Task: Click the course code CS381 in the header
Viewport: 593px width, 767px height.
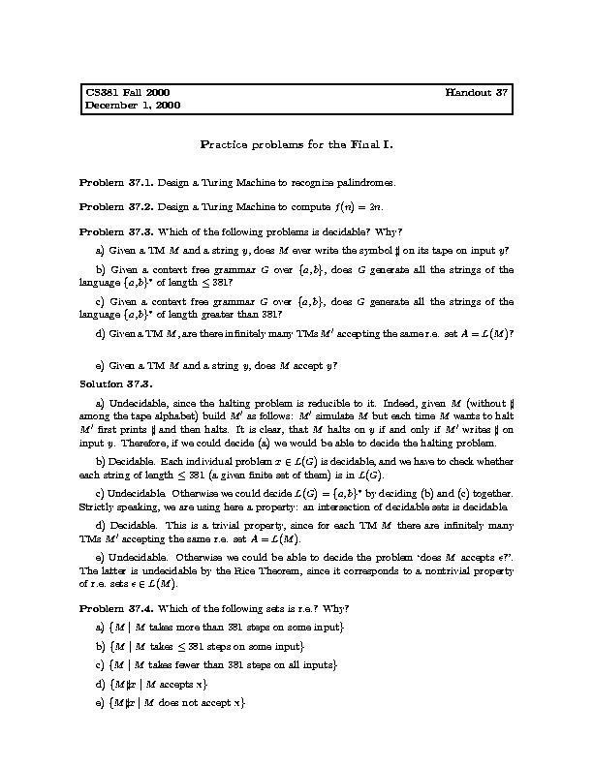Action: pyautogui.click(x=101, y=92)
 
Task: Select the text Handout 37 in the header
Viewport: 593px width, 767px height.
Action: pyautogui.click(x=477, y=92)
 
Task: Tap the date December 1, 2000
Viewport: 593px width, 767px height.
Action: pyautogui.click(x=133, y=105)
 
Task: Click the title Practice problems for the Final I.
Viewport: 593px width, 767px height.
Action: pyautogui.click(x=296, y=144)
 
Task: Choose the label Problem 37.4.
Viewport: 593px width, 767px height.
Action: pyautogui.click(x=115, y=607)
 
